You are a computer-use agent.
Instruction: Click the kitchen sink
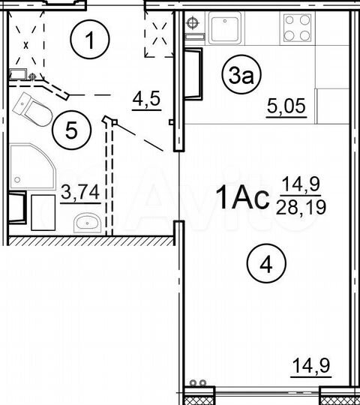click(224, 30)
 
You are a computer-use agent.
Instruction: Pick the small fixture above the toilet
click(22, 75)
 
